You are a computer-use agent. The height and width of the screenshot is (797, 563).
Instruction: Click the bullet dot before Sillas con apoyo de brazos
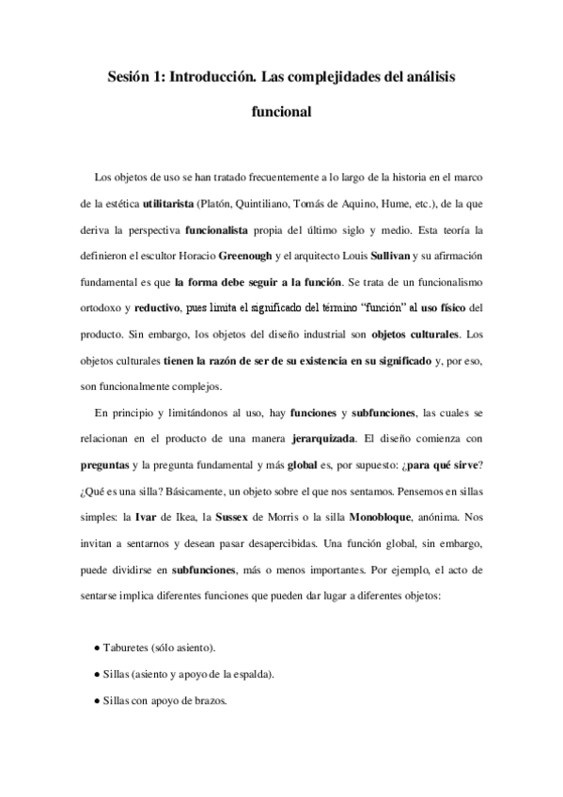tap(98, 700)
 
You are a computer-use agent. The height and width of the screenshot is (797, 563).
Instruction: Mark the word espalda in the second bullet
tap(251, 675)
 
